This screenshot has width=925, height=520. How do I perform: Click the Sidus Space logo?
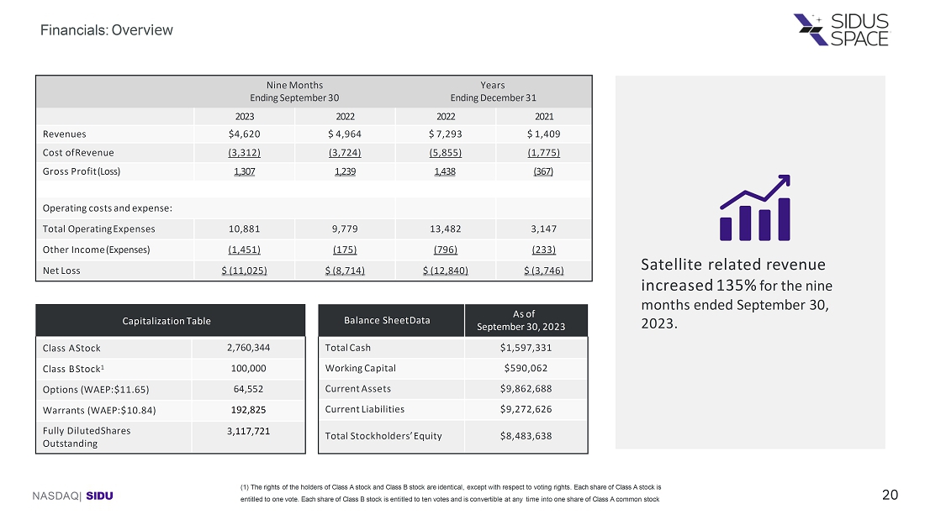pos(841,29)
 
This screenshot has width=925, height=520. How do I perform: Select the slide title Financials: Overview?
pos(108,30)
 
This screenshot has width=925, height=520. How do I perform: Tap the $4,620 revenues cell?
pos(245,134)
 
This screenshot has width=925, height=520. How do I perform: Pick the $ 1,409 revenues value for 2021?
pos(543,134)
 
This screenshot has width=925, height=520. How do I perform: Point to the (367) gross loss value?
pos(543,171)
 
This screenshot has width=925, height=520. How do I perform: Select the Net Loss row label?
pos(61,271)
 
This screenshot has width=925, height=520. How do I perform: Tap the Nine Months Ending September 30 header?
pos(294,92)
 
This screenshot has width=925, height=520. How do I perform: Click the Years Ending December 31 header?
pos(493,92)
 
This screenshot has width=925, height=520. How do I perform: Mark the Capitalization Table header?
pos(170,321)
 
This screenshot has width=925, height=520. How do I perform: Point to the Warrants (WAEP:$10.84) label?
pos(99,410)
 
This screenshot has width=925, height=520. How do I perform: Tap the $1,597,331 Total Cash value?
pos(526,348)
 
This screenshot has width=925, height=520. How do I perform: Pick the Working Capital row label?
pos(360,368)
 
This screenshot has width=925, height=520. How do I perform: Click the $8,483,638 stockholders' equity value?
pos(526,435)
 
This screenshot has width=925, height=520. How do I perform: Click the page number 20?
pos(890,496)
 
